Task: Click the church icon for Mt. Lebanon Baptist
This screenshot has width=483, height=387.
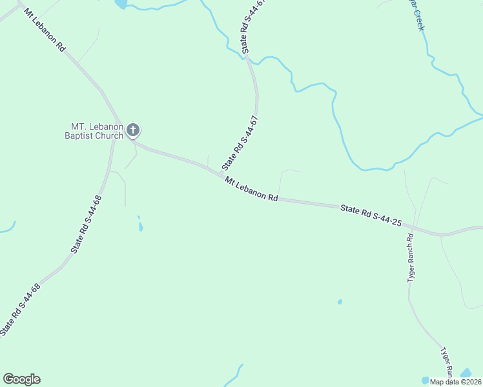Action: point(133,131)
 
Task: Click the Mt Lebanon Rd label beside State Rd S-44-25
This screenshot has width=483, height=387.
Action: point(251,190)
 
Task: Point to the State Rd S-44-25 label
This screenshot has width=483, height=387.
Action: point(371,215)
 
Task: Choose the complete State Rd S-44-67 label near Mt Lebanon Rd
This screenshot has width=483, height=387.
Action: point(240,143)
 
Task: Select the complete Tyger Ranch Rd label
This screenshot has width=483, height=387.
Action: point(410,257)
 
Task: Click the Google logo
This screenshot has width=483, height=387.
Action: point(21,379)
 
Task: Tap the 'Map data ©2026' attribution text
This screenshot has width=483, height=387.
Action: point(455,382)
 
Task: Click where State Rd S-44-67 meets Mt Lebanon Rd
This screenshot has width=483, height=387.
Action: point(221,175)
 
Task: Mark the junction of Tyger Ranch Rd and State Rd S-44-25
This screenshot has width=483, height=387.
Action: point(411,227)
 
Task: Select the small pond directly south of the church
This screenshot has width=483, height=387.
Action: point(141,226)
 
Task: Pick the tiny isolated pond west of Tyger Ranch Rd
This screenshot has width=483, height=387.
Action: point(340,301)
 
